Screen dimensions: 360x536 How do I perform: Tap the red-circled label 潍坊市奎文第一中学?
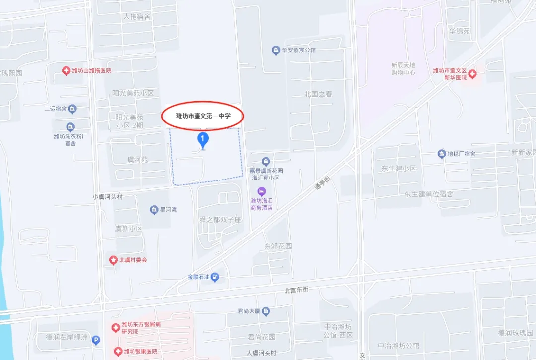202,116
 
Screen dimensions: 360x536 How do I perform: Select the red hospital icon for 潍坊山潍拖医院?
66,71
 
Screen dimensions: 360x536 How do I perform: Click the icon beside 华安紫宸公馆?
276,50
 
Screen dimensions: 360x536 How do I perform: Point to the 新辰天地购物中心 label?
403,69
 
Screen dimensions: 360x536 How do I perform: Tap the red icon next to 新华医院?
472,74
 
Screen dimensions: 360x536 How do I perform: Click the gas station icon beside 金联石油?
215,278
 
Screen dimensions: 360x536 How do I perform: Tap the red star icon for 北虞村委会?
113,260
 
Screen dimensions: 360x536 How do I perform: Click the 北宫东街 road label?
297,290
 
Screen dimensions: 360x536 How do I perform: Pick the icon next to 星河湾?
154,210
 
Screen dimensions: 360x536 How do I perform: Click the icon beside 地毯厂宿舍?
441,154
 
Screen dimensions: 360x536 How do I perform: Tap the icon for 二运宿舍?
72,109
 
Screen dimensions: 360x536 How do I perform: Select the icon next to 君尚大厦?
266,311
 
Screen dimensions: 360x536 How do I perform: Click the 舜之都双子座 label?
220,219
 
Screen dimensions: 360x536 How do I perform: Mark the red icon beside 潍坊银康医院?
118,352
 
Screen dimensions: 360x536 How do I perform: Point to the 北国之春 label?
318,94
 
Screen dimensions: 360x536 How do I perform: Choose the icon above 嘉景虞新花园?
266,161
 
